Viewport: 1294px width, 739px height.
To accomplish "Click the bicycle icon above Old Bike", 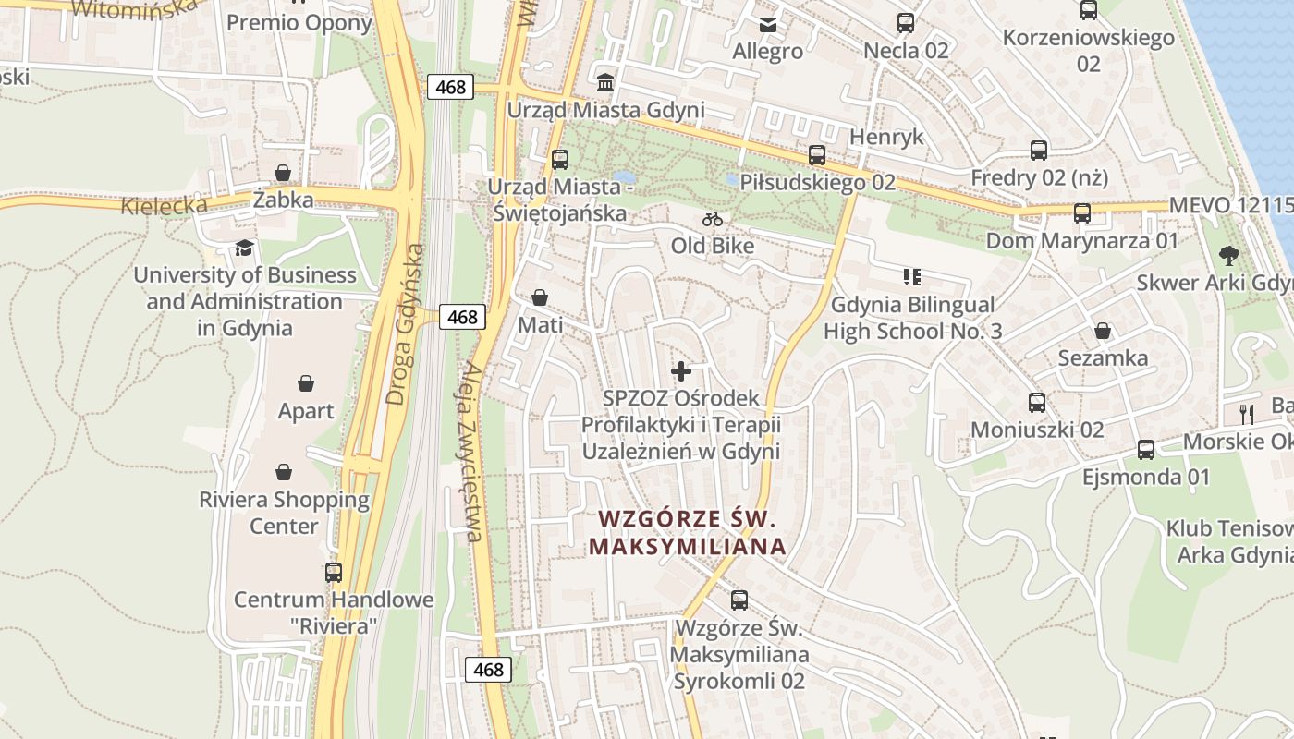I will [712, 219].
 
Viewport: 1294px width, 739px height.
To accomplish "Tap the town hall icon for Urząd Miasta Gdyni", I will [605, 82].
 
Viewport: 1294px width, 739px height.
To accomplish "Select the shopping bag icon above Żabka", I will [283, 173].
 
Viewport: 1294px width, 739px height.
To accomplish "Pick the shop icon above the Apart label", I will [306, 383].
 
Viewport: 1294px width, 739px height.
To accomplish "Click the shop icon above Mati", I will [540, 297].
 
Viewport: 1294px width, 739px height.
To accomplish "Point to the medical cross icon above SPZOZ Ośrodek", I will [681, 371].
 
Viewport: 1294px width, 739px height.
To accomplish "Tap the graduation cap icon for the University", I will [244, 248].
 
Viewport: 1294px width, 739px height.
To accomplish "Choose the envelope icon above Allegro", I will [768, 24].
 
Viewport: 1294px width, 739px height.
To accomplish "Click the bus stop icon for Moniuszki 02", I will [1037, 403].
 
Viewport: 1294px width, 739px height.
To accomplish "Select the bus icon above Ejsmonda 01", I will [1146, 450].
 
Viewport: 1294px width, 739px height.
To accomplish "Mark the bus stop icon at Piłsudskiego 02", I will [817, 155].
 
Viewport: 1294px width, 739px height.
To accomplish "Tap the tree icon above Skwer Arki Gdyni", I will [1228, 255].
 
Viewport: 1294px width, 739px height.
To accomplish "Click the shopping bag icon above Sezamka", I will [1103, 331].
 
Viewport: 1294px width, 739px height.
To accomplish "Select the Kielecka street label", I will [164, 205].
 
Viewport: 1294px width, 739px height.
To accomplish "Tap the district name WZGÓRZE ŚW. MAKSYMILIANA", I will [687, 532].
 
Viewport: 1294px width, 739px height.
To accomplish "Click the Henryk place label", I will [886, 137].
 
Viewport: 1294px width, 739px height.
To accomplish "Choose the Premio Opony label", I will [299, 22].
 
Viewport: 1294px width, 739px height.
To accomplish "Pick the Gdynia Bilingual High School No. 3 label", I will [912, 318].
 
